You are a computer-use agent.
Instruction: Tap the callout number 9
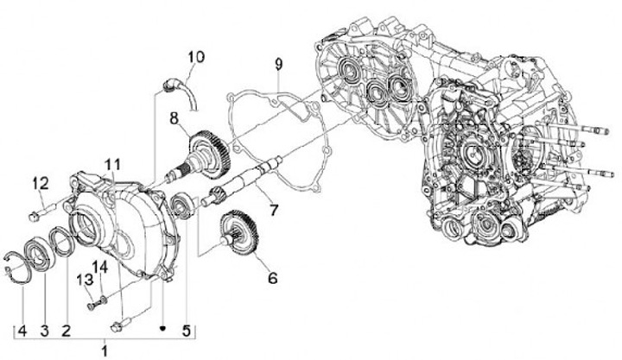278,65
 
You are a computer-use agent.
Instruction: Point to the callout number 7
273,210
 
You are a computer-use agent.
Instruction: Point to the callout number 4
22,328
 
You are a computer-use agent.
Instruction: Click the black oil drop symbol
163,328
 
